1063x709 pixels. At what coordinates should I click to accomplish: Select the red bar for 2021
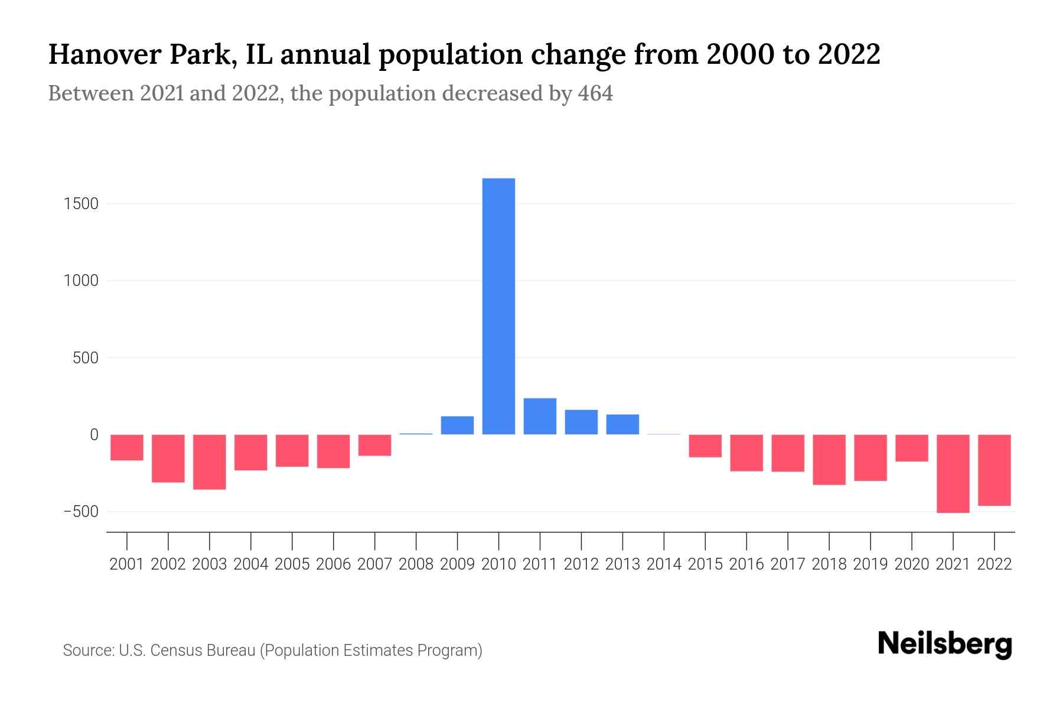[953, 473]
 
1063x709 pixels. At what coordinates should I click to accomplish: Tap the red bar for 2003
[210, 461]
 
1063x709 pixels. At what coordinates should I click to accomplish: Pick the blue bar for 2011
[540, 417]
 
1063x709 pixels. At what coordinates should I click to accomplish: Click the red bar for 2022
[994, 470]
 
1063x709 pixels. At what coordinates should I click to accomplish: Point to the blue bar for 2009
[457, 425]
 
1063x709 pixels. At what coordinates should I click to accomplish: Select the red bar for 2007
[374, 445]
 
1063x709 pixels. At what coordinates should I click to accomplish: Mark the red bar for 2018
[829, 459]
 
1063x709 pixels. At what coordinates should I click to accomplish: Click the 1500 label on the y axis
[81, 204]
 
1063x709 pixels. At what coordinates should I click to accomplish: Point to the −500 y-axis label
[81, 512]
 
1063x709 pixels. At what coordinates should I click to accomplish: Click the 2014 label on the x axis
[664, 564]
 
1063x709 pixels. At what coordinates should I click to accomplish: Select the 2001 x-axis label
[127, 564]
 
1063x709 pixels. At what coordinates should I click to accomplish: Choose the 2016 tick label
[746, 564]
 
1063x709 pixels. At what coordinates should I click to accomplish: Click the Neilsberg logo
[945, 644]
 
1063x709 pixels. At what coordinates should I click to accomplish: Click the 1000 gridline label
[81, 281]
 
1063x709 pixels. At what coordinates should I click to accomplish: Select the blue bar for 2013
[622, 424]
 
